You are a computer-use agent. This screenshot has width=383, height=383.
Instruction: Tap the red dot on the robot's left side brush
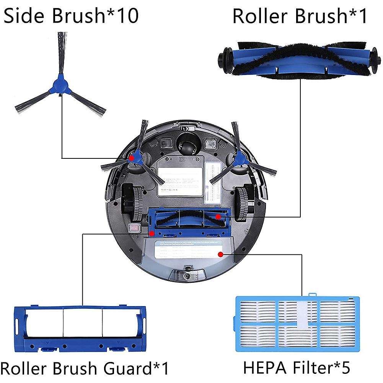tap(132, 157)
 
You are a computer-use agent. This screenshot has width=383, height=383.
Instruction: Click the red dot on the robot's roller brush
tap(217, 217)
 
